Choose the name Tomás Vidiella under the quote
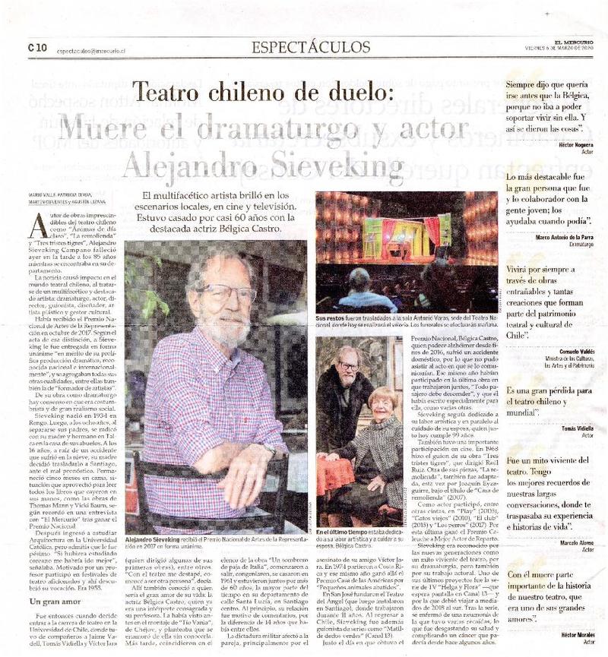[x=575, y=427]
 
